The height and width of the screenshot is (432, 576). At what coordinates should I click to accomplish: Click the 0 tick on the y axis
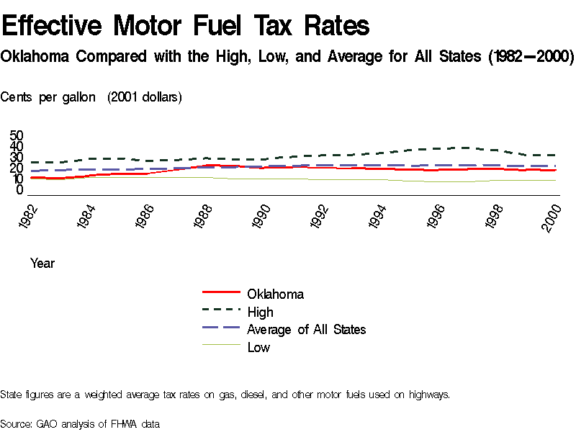[20, 190]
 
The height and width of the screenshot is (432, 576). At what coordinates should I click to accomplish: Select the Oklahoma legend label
[275, 294]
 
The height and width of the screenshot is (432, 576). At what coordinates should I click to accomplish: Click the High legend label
[260, 312]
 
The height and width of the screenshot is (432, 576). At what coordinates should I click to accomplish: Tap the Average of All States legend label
[306, 329]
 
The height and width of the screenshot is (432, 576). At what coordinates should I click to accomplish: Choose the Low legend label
[258, 347]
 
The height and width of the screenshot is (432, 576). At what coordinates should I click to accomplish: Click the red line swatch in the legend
[221, 292]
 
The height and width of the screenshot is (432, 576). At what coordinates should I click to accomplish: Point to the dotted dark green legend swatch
[221, 310]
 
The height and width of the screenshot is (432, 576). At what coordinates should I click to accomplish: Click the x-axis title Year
[42, 264]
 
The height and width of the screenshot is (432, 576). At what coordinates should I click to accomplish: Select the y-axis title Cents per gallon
[48, 97]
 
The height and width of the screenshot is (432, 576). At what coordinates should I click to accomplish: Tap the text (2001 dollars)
[144, 97]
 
